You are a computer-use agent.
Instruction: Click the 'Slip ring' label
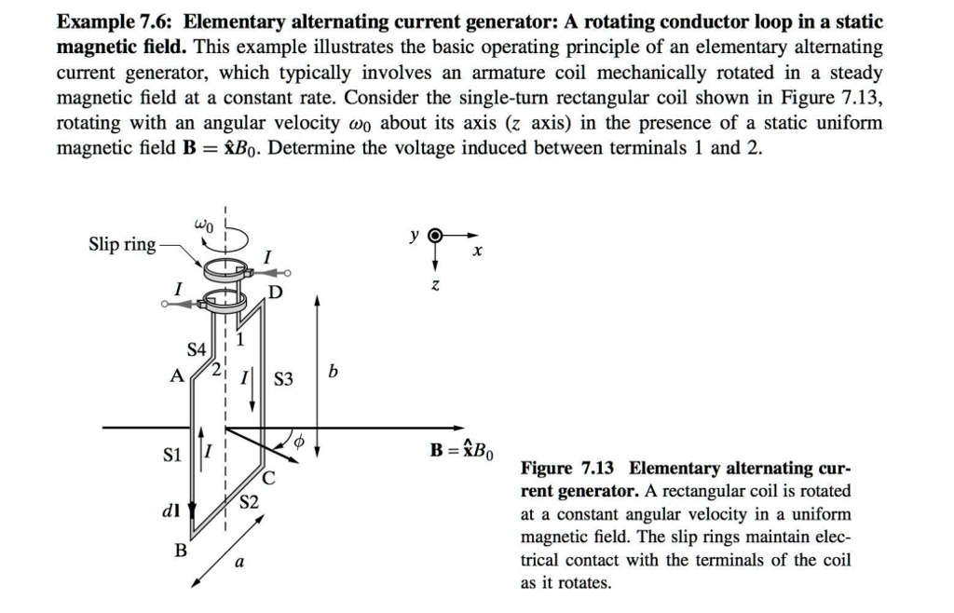pos(122,244)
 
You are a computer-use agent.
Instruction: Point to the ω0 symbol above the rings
pos(205,224)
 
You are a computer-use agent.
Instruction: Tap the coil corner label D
pos(275,295)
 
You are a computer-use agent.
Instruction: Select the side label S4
pos(197,350)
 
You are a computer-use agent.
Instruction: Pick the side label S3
pos(283,379)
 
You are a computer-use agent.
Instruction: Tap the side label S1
pos(172,456)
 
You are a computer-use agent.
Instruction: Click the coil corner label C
pos(268,480)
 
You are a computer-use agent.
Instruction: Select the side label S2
pos(249,502)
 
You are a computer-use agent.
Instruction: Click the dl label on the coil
pos(174,509)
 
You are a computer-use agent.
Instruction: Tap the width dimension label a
pos(240,564)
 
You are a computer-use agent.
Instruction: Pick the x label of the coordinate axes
pos(477,252)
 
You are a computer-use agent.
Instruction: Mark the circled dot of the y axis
pos(433,237)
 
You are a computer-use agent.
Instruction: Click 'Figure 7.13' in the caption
pos(569,468)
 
